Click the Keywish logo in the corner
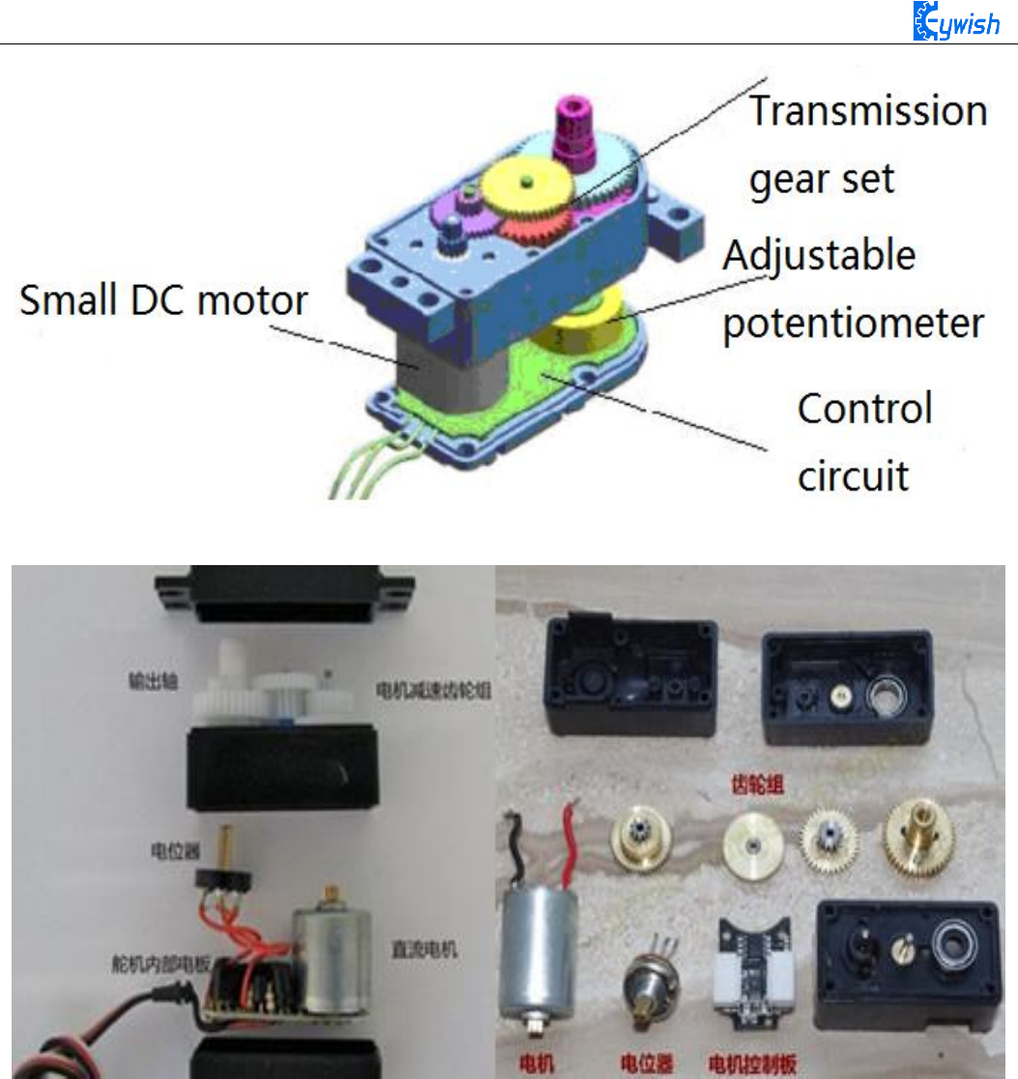(956, 21)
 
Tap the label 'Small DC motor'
(163, 300)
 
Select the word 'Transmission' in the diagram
(868, 111)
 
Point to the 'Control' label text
(864, 409)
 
